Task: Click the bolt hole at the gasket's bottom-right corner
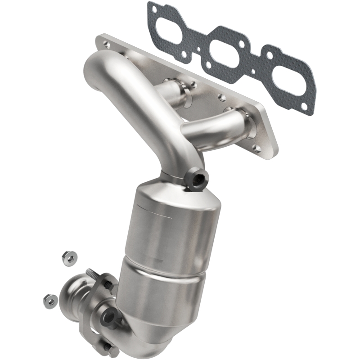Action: [305, 107]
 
